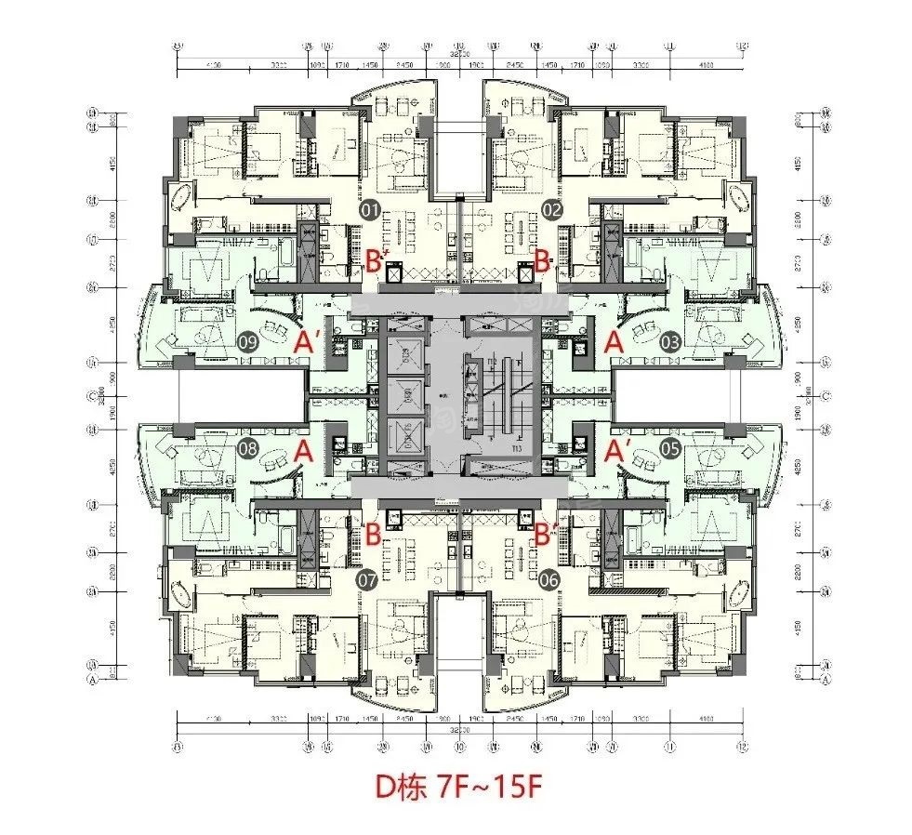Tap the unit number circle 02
551,211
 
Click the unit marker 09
248,341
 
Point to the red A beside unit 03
613,342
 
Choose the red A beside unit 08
301,451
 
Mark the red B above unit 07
372,535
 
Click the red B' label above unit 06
547,535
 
